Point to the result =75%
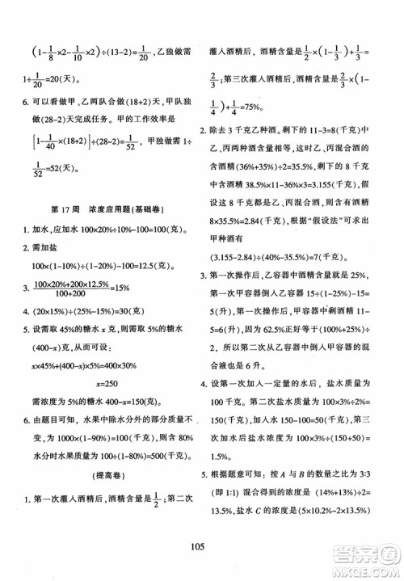point(258,116)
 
